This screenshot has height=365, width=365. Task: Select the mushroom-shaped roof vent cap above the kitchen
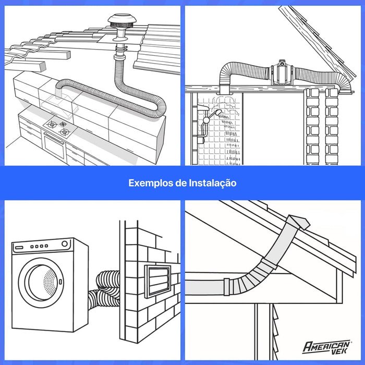[119, 22]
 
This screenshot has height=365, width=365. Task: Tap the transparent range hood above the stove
[60, 104]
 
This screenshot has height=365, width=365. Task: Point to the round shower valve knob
[206, 120]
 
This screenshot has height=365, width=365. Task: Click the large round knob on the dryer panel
[65, 244]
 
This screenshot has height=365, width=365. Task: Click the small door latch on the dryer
[60, 282]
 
